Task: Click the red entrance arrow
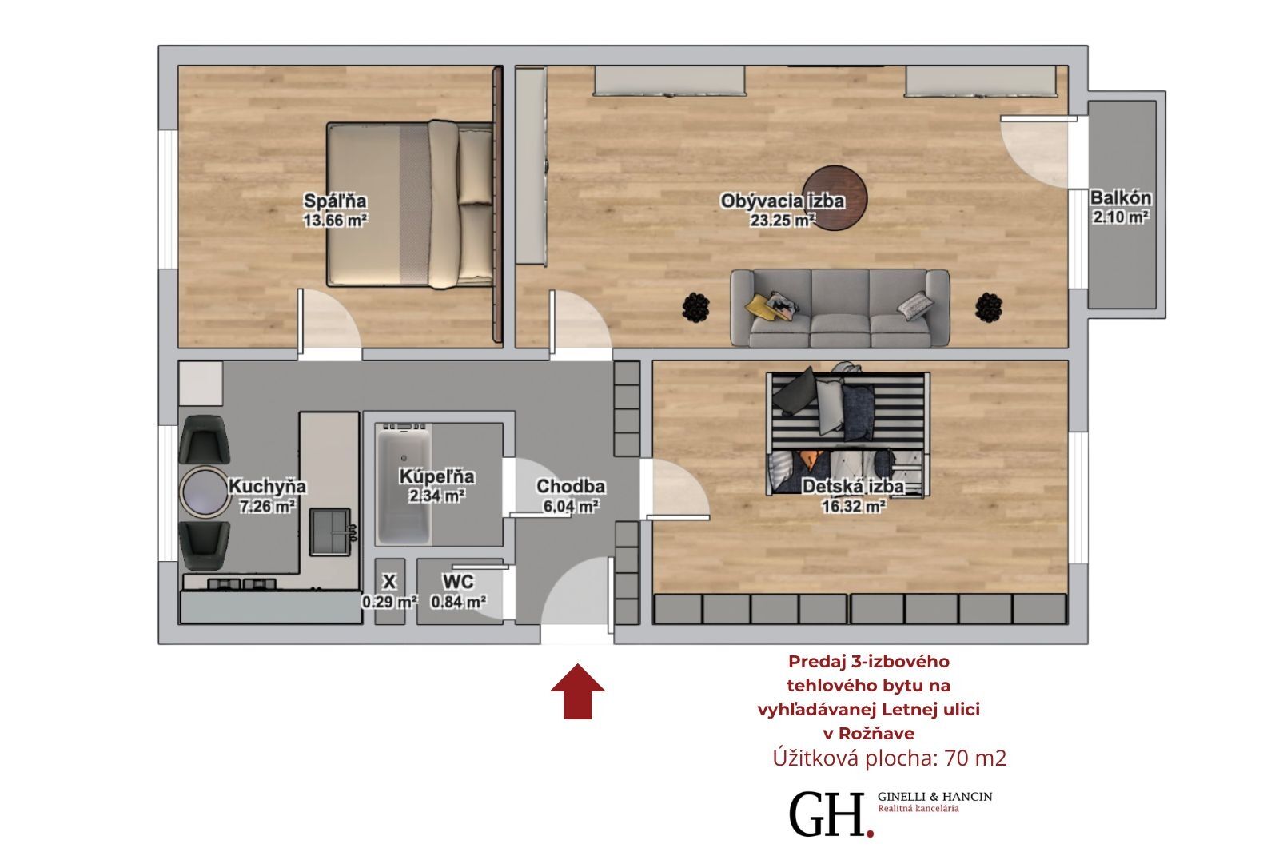(577, 691)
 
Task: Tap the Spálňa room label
(335, 201)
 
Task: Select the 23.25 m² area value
(783, 221)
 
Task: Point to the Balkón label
(1121, 198)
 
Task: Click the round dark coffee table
(835, 198)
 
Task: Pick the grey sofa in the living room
(840, 309)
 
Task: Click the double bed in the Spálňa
(410, 204)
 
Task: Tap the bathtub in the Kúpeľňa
(404, 483)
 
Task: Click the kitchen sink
(330, 532)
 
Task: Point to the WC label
(458, 582)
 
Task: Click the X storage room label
(389, 582)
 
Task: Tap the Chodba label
(571, 487)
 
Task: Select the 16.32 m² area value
(854, 507)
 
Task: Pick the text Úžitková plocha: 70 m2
(889, 758)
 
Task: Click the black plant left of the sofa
(696, 307)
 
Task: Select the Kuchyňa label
(267, 487)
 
